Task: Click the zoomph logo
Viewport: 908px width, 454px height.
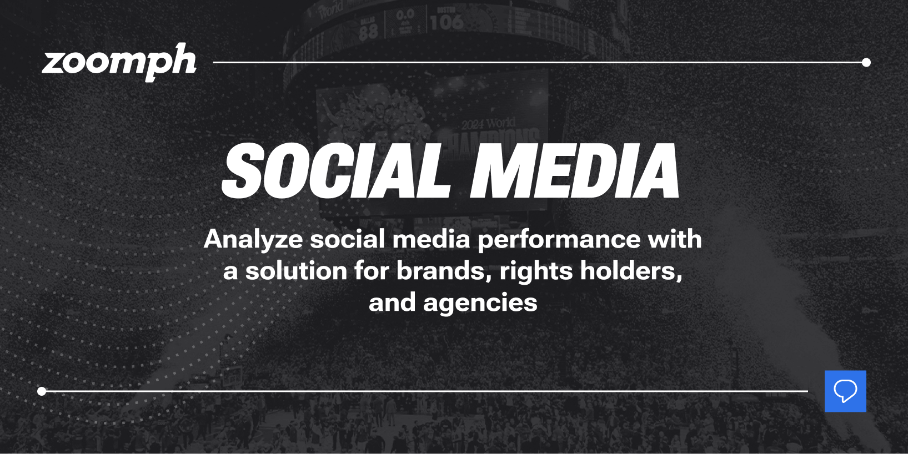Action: (119, 62)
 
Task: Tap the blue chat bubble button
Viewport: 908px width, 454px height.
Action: (845, 391)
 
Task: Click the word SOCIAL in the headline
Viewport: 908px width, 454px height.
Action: (335, 171)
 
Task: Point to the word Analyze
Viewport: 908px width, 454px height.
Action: (253, 240)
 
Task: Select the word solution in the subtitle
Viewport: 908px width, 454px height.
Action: (296, 271)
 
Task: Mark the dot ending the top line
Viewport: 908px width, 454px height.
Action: (866, 62)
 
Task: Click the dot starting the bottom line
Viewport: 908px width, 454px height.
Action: (42, 391)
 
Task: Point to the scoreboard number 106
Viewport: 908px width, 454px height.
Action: (446, 22)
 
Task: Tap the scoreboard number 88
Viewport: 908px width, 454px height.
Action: (368, 32)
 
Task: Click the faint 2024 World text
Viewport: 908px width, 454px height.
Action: (488, 123)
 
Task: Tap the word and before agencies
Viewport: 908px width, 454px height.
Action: (392, 303)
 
